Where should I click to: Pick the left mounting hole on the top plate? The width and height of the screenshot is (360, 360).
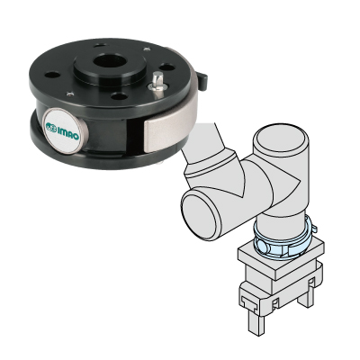coord(52,75)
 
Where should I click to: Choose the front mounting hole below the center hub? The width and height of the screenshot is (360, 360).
coord(120,96)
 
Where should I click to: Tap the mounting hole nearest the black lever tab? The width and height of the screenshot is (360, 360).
coord(167,67)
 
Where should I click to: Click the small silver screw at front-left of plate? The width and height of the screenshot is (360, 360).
coord(70,94)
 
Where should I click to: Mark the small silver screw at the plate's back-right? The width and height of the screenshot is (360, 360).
coord(147,49)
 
